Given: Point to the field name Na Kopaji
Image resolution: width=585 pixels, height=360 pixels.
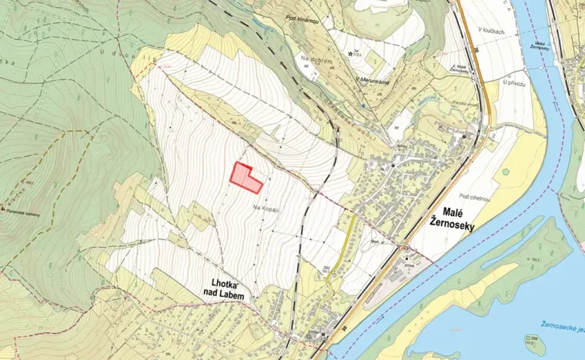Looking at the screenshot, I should point(263,208).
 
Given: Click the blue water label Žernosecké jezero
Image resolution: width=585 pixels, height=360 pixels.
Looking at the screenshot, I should point(560,329).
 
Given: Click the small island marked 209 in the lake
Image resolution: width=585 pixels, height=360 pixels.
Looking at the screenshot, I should point(530,338).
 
